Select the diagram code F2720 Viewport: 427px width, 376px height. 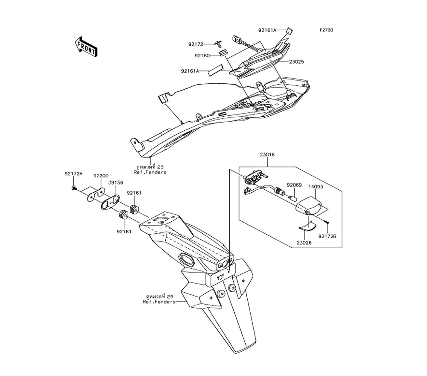click(x=326, y=30)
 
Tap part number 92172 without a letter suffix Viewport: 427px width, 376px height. click(x=196, y=44)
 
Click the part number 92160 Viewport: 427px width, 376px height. click(x=202, y=56)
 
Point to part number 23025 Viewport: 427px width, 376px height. click(x=297, y=62)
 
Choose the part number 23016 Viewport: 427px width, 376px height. click(x=267, y=155)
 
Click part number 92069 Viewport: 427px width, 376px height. click(x=294, y=185)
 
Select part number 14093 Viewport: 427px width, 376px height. click(x=316, y=187)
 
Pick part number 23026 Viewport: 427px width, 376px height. click(x=304, y=243)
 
